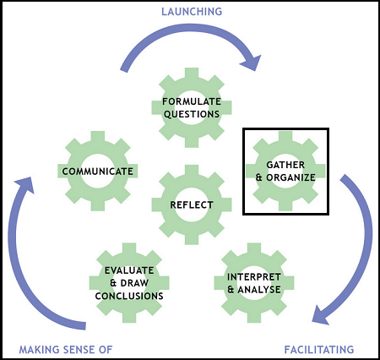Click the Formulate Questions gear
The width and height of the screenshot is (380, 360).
pyautogui.click(x=191, y=107)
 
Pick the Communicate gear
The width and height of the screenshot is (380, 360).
pyautogui.click(x=97, y=172)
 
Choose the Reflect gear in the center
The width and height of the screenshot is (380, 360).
pyautogui.click(x=191, y=205)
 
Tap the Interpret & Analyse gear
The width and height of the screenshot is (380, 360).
pyautogui.click(x=258, y=282)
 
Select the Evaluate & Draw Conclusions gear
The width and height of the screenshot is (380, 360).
pyautogui.click(x=128, y=282)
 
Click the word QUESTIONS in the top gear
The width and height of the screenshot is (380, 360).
pyautogui.click(x=192, y=114)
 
